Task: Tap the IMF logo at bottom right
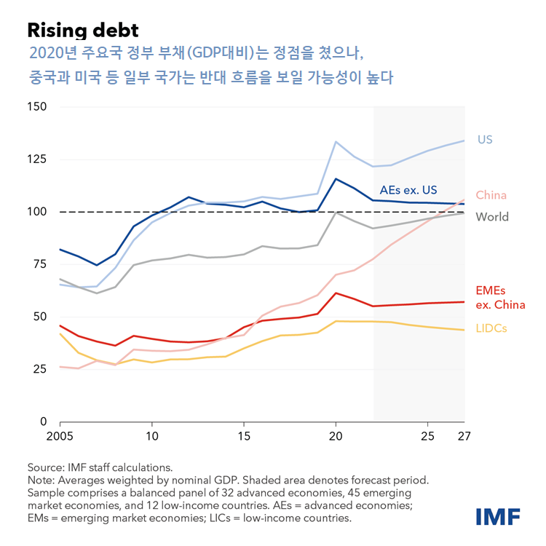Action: pos(498,517)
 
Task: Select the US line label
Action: pos(485,139)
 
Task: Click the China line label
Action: pos(491,195)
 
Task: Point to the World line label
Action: pos(492,217)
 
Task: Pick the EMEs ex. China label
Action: pos(499,298)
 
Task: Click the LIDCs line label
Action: pos(491,328)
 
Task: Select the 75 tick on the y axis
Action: pos(39,264)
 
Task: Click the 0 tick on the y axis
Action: pos(43,422)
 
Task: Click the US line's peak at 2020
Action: pos(336,142)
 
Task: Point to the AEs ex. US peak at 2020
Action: pos(336,179)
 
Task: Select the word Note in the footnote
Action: pos(40,480)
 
